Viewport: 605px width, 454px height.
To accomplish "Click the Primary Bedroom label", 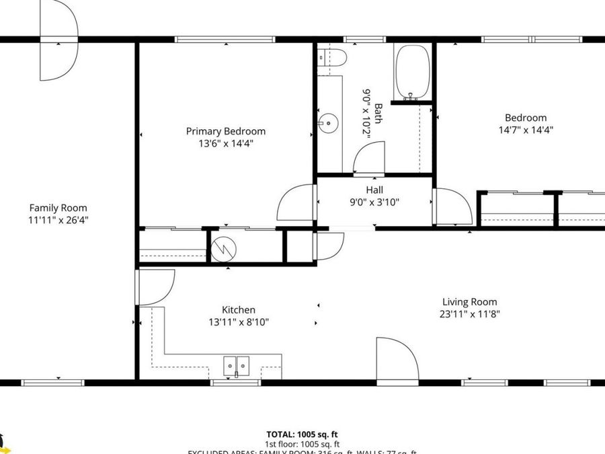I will [x=226, y=131].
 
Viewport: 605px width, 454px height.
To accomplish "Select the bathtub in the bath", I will [x=412, y=72].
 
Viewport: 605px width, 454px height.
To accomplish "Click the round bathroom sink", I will [x=329, y=123].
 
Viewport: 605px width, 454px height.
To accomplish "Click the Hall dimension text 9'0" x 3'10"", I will [x=374, y=202].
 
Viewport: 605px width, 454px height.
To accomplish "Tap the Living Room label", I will [x=470, y=302].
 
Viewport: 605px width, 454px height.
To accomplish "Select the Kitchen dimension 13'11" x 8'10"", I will [x=239, y=322].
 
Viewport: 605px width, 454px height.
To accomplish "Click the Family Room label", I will [x=58, y=208].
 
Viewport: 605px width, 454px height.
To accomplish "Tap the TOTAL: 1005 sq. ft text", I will [x=302, y=434].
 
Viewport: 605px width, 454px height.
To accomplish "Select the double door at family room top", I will [x=58, y=39].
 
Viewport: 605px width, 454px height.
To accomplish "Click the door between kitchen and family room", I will [x=155, y=286].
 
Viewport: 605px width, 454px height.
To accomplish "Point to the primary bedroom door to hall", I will [x=296, y=203].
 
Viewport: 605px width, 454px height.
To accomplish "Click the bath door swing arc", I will [x=368, y=158].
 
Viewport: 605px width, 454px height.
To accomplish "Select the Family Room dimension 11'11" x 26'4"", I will [x=58, y=219].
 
